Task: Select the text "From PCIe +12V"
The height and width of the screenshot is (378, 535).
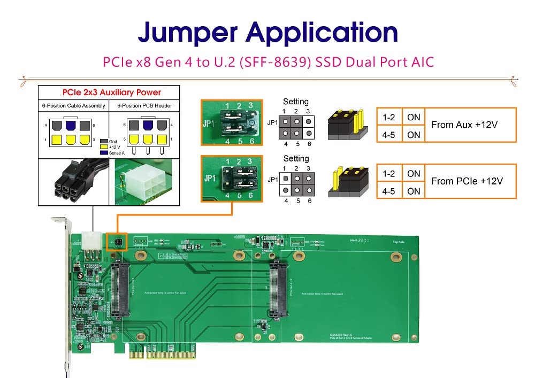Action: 467,181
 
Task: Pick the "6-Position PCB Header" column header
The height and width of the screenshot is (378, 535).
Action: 144,106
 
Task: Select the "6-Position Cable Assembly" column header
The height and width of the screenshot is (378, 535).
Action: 74,106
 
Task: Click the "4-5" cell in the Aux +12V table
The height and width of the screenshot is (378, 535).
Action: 389,135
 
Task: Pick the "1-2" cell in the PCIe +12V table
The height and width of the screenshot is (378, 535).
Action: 389,173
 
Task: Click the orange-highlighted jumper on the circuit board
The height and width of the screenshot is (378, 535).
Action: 116,242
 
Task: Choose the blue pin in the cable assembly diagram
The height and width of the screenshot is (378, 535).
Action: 70,125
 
